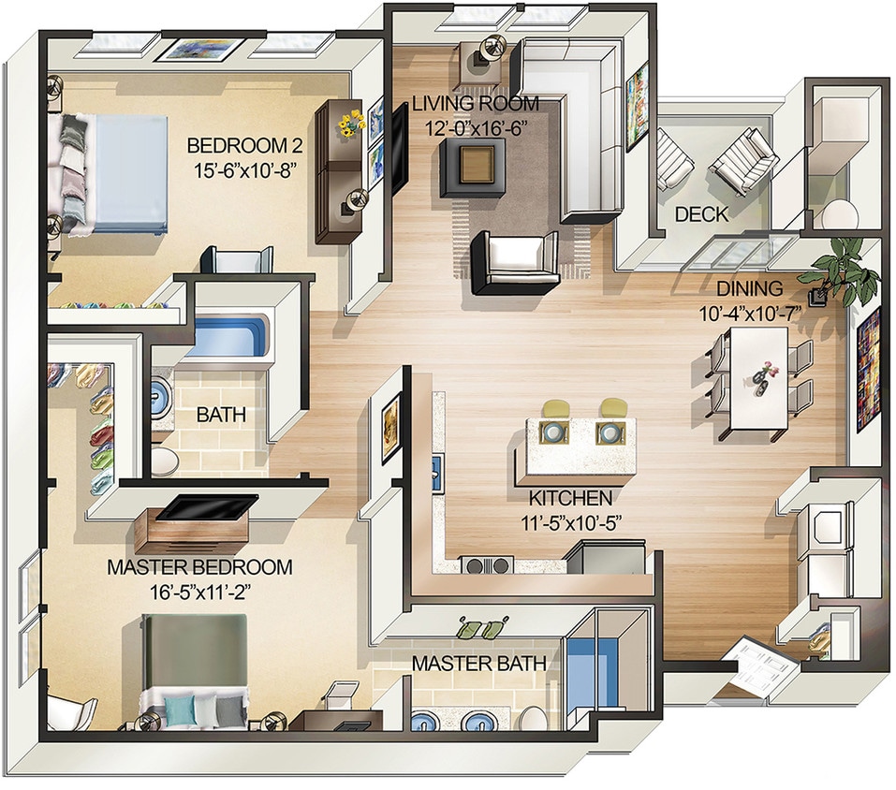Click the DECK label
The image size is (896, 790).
point(701,214)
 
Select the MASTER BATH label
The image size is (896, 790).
point(479,665)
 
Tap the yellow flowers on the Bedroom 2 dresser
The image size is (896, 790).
point(351,124)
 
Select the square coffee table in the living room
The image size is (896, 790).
point(477,167)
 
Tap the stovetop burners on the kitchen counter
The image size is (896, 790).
point(486,564)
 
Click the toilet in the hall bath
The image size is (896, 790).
point(166,460)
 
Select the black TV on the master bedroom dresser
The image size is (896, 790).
point(207,506)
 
